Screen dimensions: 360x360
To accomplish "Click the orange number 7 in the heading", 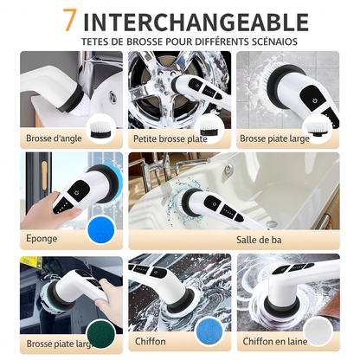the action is point(69,20).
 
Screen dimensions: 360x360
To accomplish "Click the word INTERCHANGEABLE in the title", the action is point(196,22).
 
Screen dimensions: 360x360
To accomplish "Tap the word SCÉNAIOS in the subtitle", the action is point(274,42).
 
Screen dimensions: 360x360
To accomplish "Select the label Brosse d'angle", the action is point(54,138).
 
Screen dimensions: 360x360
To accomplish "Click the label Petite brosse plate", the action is point(170,138).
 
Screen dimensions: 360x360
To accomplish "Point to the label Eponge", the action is point(42,239).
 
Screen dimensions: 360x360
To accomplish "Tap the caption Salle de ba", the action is point(259,240).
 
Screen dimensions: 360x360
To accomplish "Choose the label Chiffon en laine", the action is point(275,342).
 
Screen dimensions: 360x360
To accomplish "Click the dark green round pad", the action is point(101,335).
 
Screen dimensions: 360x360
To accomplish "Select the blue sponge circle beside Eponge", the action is point(101,229).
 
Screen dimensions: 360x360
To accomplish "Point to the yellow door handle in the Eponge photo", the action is point(44,176).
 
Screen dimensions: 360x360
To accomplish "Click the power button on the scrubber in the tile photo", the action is point(314,100).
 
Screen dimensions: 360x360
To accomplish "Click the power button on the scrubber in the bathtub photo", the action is point(215,204).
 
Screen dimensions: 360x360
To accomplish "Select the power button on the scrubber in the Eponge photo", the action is point(77,193).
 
